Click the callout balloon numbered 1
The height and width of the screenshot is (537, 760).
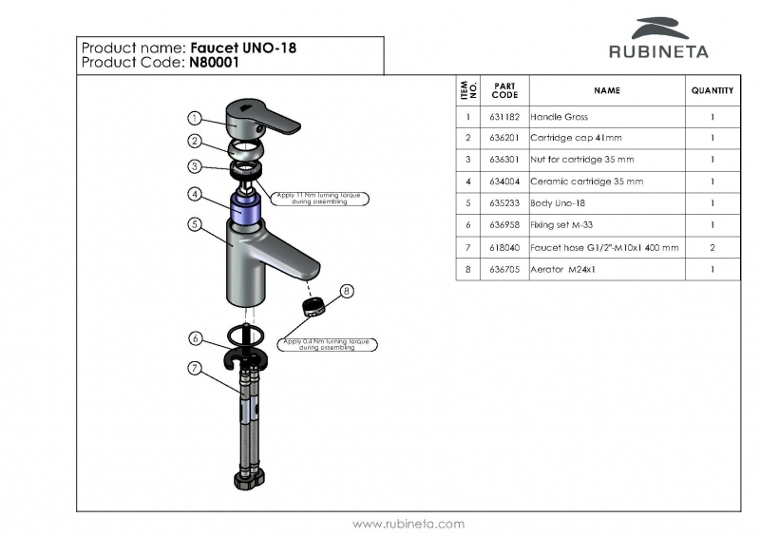point(194,119)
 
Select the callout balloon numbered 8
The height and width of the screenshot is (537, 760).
point(347,291)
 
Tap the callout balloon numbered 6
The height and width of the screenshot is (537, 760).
point(194,338)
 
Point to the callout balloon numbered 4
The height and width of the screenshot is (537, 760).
point(194,194)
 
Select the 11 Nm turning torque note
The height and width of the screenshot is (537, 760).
point(320,199)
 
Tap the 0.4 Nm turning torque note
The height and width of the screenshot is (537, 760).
point(327,344)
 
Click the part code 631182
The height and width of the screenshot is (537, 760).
point(504,117)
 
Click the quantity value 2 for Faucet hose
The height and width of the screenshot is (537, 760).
point(712,248)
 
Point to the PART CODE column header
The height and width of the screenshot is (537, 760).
point(504,90)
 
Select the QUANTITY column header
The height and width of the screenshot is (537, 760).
point(712,90)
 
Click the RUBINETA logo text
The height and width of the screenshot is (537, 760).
point(658,51)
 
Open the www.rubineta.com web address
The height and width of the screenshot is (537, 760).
point(408,524)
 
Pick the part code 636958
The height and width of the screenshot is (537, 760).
point(504,226)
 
